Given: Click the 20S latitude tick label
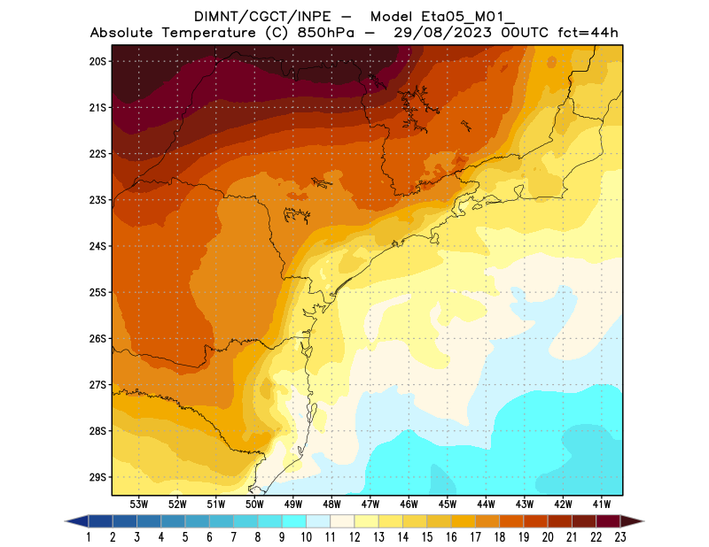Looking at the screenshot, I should tap(97, 61).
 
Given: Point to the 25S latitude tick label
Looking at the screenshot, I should tap(97, 292).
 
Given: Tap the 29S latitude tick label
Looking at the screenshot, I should tap(97, 477).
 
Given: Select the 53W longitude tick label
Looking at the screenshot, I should tap(138, 504).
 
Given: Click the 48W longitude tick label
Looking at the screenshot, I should tap(331, 504).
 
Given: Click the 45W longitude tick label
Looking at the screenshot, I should tap(448, 504).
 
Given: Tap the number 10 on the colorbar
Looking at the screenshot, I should tap(305, 536).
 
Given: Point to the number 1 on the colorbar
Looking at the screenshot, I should tap(90, 536).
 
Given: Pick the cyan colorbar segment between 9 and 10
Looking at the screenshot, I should tap(293, 520).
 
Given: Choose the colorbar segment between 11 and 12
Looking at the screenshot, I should tap(341, 520).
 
